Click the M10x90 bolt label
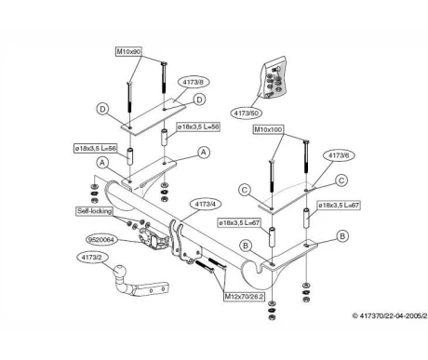click(x=129, y=51)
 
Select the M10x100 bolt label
click(x=269, y=129)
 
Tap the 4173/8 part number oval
click(x=193, y=82)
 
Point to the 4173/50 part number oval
click(x=247, y=113)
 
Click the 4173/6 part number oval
click(x=339, y=155)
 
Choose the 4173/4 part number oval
click(x=205, y=205)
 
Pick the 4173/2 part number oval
click(x=91, y=258)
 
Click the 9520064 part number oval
click(x=101, y=240)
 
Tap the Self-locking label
click(x=95, y=211)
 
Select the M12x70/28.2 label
click(x=245, y=297)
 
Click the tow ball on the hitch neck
click(x=119, y=271)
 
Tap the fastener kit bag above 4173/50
click(x=274, y=78)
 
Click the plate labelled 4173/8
click(x=154, y=117)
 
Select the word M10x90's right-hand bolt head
click(x=164, y=64)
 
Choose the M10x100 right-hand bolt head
click(x=306, y=141)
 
